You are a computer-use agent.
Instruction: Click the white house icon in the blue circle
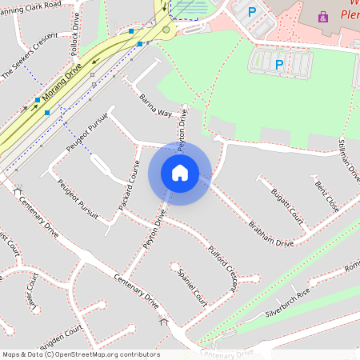pyautogui.click(x=180, y=172)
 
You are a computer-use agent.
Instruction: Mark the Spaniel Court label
pyautogui.click(x=193, y=286)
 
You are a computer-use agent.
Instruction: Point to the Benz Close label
pyautogui.click(x=326, y=196)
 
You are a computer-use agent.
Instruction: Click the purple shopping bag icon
pyautogui.click(x=322, y=16)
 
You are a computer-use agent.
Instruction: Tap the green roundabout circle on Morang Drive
pyautogui.click(x=166, y=30)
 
